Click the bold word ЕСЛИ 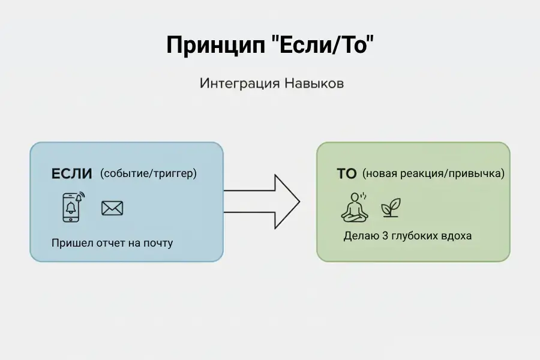coord(72,174)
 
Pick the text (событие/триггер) coord(148,174)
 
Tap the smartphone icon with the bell coord(72,207)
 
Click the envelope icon coord(112,208)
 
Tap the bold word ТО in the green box coord(347,174)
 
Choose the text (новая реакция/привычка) coord(433,174)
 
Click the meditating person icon coord(353,207)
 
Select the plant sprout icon coord(391,208)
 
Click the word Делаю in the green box coord(360,236)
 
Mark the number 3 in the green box coord(385,236)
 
